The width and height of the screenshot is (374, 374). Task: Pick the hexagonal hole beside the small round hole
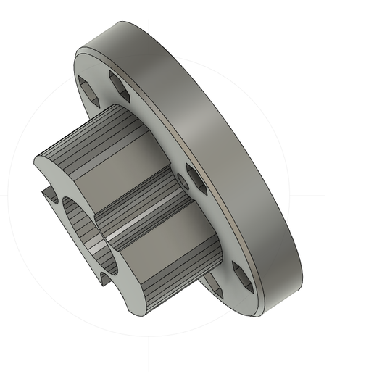coord(196,178)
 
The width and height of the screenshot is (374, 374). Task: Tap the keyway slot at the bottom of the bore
coord(106,278)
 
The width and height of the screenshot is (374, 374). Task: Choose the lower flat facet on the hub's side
coord(156,254)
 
